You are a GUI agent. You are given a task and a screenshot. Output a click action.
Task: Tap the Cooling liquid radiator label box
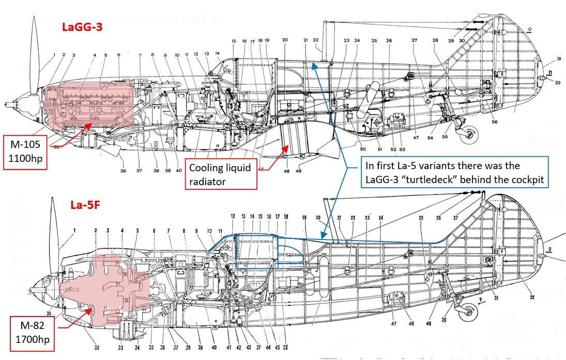click(x=221, y=174)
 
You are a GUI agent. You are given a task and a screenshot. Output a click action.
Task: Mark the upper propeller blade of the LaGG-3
click(x=36, y=47)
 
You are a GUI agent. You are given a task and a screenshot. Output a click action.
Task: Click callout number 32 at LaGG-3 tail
click(x=557, y=82)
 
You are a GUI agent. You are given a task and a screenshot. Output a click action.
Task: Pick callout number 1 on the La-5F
click(x=74, y=230)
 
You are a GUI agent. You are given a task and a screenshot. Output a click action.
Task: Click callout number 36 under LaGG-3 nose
click(x=123, y=171)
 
